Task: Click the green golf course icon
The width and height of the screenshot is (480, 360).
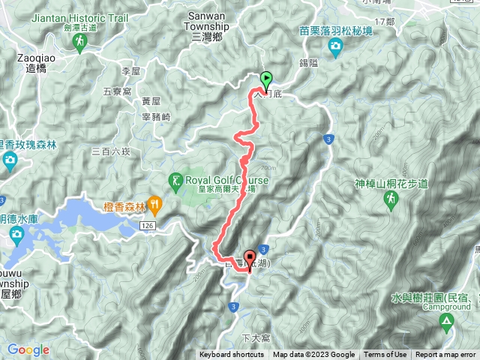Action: (175, 180)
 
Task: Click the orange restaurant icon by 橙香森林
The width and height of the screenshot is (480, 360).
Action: (154, 202)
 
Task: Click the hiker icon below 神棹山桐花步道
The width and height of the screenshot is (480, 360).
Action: (390, 199)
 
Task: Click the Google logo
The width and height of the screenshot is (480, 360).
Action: (28, 349)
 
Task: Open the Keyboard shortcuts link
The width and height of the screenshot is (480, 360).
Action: (232, 355)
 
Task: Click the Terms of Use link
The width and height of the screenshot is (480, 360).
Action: (385, 355)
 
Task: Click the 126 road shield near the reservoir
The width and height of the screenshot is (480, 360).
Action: (146, 225)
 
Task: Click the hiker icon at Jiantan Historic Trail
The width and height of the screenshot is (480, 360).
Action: (80, 46)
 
